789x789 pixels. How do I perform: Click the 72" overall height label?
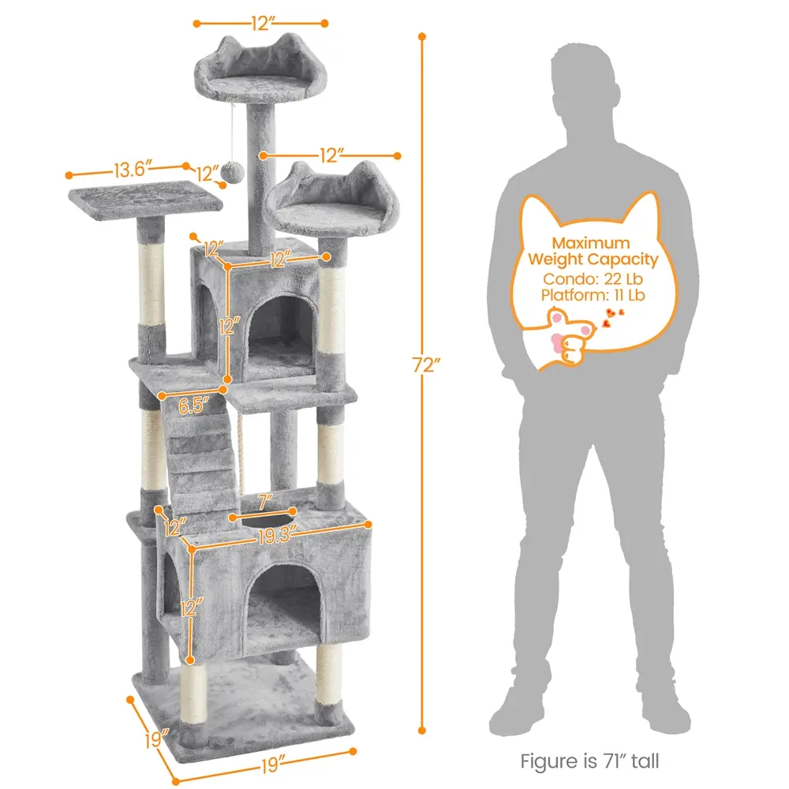[x=426, y=365]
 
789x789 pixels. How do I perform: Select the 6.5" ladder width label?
[x=193, y=405]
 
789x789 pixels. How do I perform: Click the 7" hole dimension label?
[x=265, y=502]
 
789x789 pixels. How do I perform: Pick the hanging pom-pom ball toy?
[x=233, y=173]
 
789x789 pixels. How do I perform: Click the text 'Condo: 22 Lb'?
[x=593, y=279]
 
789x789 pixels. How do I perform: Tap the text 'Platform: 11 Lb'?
[x=593, y=295]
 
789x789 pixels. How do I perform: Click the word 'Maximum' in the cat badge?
[x=591, y=243]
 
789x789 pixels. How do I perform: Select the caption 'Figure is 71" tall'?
[x=589, y=761]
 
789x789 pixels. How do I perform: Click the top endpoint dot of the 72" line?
[x=421, y=36]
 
